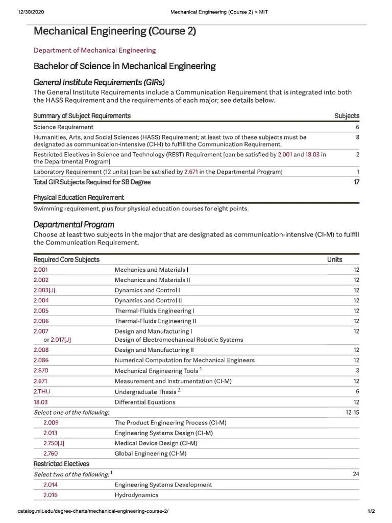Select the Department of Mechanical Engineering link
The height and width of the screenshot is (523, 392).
94,50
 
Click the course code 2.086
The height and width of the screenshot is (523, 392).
41,360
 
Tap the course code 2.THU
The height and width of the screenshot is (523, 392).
42,391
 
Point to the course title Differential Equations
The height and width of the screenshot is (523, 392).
145,402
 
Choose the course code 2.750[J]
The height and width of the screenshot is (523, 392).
54,443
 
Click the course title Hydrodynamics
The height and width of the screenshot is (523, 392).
136,495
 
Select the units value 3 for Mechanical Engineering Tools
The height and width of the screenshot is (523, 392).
357,370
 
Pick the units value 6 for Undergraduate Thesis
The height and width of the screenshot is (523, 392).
357,391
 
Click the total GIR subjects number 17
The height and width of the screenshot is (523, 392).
356,182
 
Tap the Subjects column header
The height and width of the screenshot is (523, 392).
347,116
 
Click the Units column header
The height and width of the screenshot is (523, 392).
334,259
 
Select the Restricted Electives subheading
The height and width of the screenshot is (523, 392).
61,464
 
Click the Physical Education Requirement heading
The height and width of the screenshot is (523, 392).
79,197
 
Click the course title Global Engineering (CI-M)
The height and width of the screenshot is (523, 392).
151,454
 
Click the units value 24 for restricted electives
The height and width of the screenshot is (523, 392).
356,474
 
